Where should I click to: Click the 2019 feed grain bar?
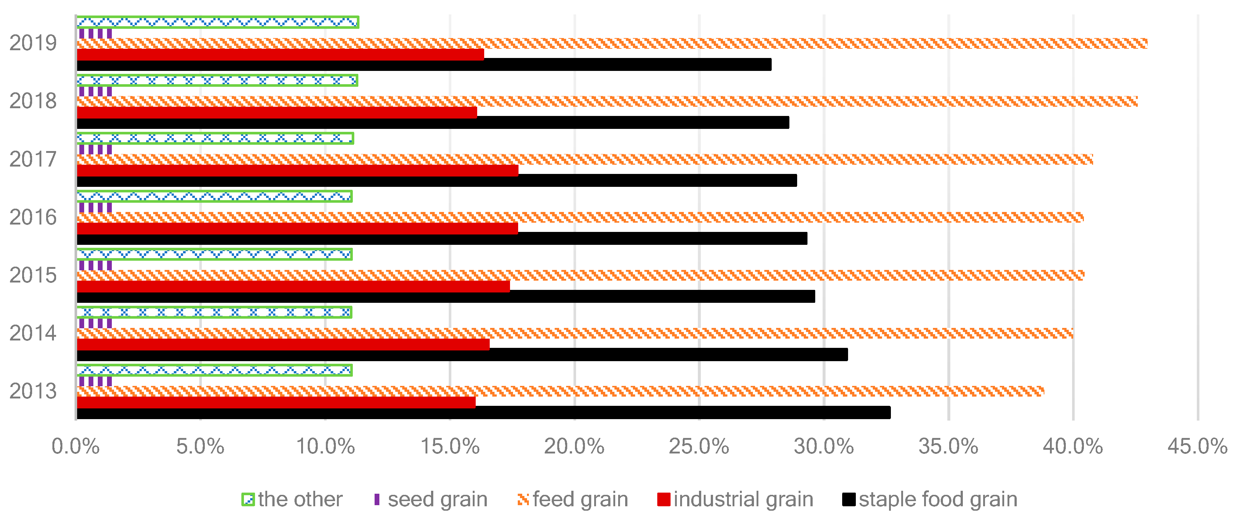[x=612, y=43]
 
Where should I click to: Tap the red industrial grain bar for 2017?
[x=297, y=171]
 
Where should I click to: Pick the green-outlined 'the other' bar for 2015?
[x=214, y=254]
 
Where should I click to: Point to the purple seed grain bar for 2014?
[x=95, y=323]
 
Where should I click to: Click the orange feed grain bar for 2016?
[x=580, y=217]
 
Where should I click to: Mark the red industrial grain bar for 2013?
[x=276, y=402]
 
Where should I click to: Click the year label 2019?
[x=33, y=43]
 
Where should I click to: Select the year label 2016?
[x=33, y=217]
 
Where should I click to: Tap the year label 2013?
[x=33, y=391]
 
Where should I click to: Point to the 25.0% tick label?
[x=699, y=447]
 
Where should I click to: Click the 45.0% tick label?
[x=1197, y=447]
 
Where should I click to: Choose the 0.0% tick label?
[x=76, y=447]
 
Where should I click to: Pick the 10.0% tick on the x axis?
[x=325, y=447]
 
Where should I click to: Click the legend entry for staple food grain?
[x=930, y=499]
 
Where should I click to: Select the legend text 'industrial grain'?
[x=743, y=499]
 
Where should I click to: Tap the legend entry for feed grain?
[x=573, y=499]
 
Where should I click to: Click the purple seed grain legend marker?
[x=377, y=499]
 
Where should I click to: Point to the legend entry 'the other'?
[x=292, y=499]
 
